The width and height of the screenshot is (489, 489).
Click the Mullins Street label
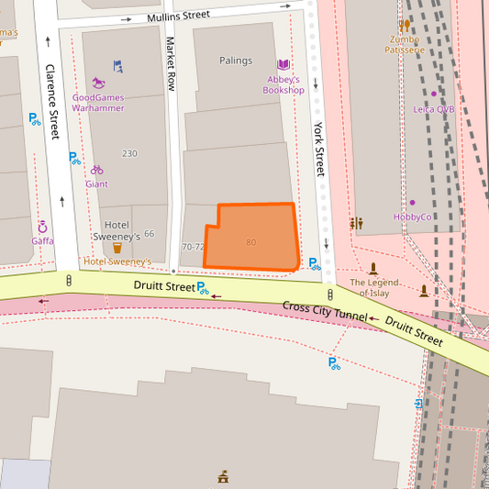(179, 17)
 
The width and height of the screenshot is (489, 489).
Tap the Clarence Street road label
(50, 101)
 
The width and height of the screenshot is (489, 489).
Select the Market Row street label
(171, 63)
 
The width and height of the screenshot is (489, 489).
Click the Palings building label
(236, 61)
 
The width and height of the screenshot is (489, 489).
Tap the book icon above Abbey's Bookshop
(283, 64)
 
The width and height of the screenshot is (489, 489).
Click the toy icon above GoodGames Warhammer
(98, 83)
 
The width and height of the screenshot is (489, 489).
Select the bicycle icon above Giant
(96, 170)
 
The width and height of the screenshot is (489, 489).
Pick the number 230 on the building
(129, 153)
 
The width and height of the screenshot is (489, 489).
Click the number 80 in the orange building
(250, 242)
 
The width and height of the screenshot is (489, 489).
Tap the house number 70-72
(193, 247)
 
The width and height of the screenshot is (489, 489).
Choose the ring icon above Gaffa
(42, 227)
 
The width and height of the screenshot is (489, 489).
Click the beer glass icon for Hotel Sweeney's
(117, 248)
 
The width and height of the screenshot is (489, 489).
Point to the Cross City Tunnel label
(324, 312)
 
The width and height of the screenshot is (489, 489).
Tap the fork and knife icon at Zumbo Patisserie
(405, 26)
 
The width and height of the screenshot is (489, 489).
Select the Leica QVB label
(433, 109)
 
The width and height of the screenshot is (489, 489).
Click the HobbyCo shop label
(412, 217)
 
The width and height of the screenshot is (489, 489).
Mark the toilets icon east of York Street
(356, 223)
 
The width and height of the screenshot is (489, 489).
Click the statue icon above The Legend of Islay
(373, 269)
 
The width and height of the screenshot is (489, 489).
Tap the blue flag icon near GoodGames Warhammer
(117, 66)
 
